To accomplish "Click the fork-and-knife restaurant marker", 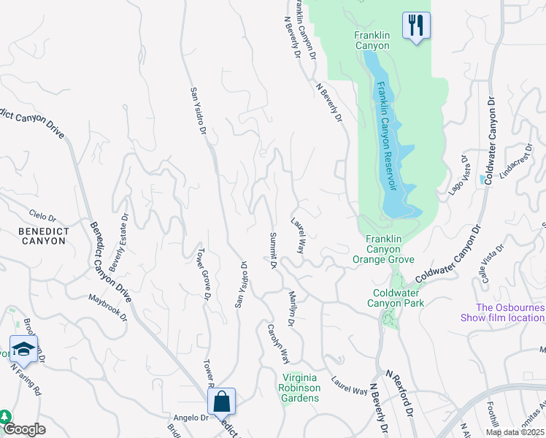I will click(416, 26).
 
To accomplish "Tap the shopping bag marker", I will click(221, 402).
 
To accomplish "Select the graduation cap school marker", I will click(23, 350).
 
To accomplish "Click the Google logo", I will click(24, 429).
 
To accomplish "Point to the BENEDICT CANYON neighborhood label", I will click(34, 238).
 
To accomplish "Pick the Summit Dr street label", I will click(272, 253).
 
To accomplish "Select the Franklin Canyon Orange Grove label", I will click(383, 249).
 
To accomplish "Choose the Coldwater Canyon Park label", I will click(395, 298).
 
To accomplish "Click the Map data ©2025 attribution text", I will click(515, 432).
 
